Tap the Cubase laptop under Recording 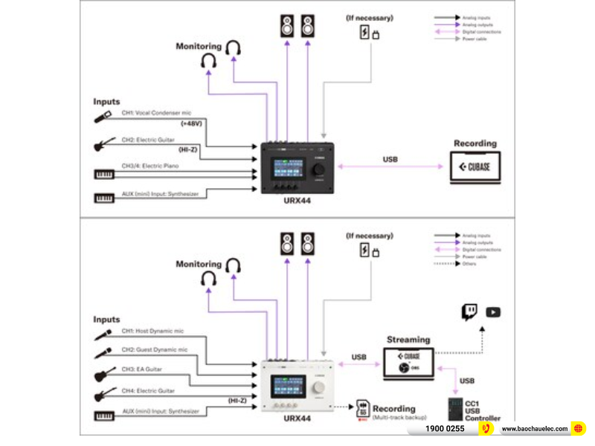coord(475,167)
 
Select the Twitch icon coord(469,312)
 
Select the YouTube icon coord(492,312)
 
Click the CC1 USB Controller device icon coord(453,410)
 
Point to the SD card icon coord(363,409)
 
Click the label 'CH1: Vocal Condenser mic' coord(156,112)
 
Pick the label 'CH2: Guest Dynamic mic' coord(154,349)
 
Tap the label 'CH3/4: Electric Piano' coord(152,167)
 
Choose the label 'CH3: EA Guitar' coord(142,369)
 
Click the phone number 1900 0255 coord(445,429)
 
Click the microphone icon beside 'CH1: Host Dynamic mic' coord(103,335)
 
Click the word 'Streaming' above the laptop coord(408,340)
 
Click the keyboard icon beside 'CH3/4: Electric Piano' coord(104,175)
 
